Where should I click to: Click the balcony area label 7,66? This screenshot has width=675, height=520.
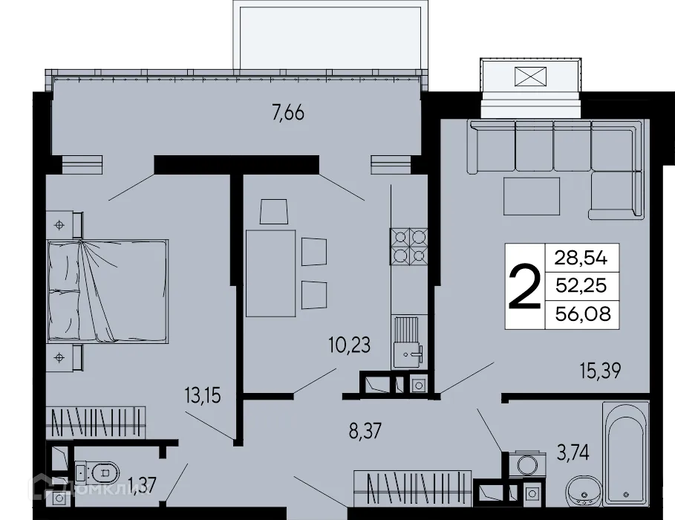[289, 114]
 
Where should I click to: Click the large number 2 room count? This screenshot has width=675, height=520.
[525, 287]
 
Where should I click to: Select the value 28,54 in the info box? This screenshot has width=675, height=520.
[581, 258]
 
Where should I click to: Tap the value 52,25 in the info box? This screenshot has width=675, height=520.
[581, 286]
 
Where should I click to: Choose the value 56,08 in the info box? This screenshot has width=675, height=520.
[581, 315]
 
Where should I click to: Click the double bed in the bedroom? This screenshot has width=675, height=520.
[108, 290]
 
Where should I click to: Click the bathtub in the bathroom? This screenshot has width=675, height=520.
[625, 453]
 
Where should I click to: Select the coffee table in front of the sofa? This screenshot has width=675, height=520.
[532, 196]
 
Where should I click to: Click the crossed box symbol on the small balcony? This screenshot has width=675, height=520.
[529, 77]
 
